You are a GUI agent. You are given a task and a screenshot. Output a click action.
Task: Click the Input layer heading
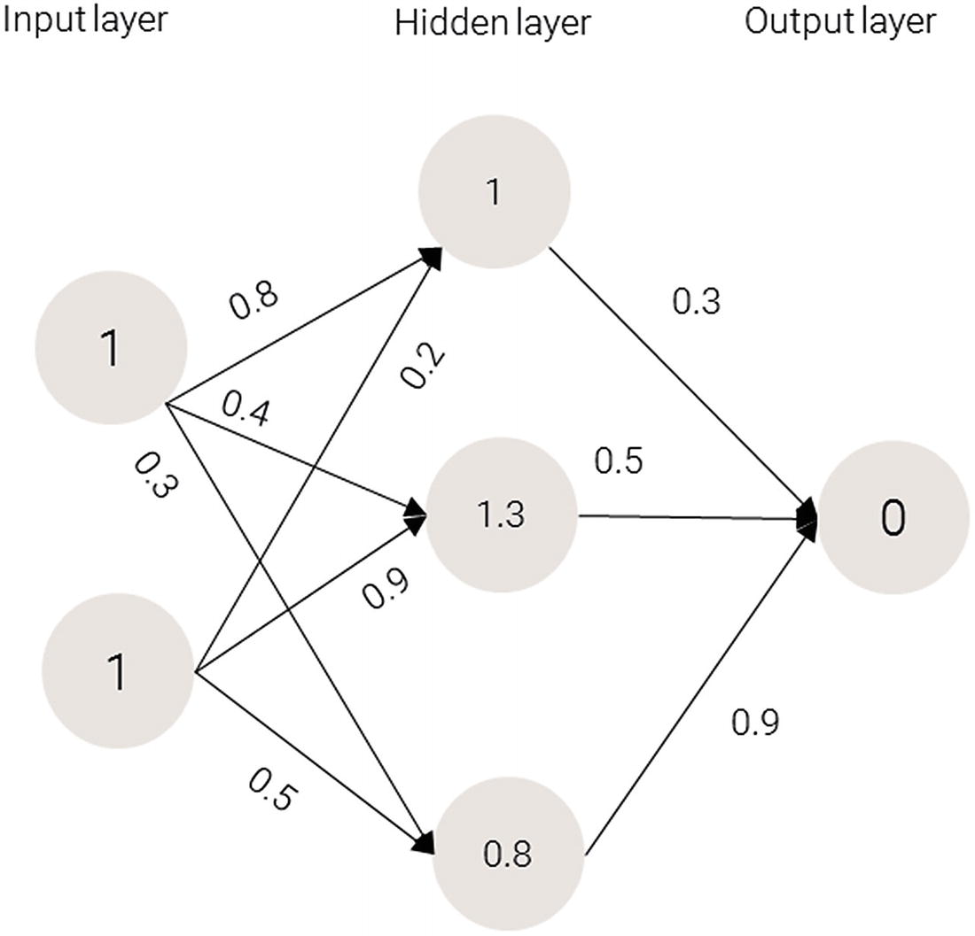pos(84,19)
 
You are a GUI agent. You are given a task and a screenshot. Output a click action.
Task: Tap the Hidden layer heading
pos(492,23)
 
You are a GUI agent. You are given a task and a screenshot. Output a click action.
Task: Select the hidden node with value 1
pos(494,193)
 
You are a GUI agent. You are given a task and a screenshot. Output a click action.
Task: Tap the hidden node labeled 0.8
pos(508,855)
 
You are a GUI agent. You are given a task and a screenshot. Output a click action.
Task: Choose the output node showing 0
pos(893,519)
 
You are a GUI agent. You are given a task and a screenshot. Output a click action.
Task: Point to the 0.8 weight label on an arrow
pos(254,302)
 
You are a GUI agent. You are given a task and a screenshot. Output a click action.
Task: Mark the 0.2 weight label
pos(423,365)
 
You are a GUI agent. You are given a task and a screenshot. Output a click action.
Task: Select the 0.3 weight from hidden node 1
pos(697,301)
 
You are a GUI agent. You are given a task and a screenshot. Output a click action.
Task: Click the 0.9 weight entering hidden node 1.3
pos(385,589)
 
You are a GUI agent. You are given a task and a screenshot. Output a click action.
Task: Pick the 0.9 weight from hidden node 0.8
pos(755,723)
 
